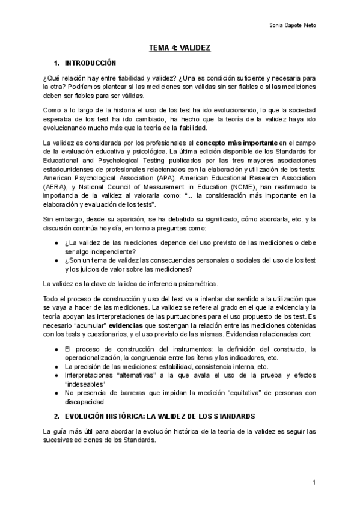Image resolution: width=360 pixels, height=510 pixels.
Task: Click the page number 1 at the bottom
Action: (x=314, y=483)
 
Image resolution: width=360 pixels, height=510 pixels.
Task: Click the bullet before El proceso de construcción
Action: (x=56, y=349)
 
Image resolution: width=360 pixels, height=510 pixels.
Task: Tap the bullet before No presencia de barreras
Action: (x=56, y=393)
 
